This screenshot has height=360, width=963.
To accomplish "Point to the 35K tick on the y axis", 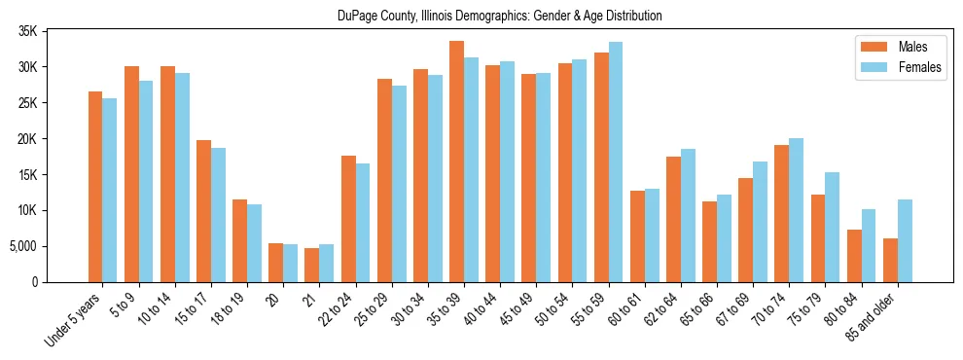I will pyautogui.click(x=27, y=31).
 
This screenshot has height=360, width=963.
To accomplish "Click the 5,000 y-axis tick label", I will pyautogui.click(x=22, y=246).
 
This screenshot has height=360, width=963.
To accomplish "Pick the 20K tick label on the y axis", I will pyautogui.click(x=27, y=139).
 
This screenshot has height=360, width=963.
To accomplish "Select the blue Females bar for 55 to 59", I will pyautogui.click(x=615, y=162).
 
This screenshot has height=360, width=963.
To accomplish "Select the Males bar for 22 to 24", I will pyautogui.click(x=348, y=219).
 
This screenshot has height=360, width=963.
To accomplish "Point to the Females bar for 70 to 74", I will pyautogui.click(x=796, y=210).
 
